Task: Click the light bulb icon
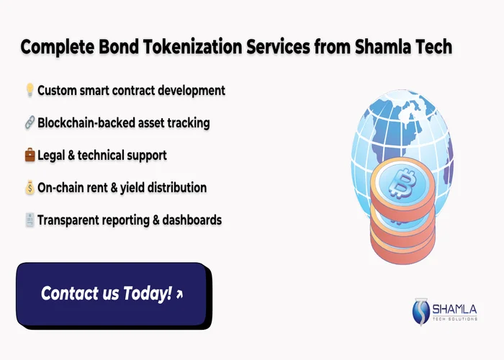(x=30, y=91)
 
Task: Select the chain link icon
(x=30, y=123)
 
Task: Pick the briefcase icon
(x=30, y=156)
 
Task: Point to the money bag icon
(x=30, y=188)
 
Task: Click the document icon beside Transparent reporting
(x=30, y=220)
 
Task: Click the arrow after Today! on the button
(x=179, y=294)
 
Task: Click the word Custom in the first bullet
(x=58, y=91)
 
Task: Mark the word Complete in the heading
(x=56, y=48)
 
